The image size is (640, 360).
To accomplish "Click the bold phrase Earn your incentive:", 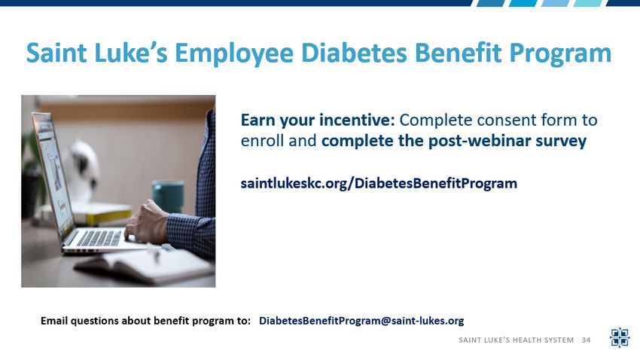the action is (318, 120).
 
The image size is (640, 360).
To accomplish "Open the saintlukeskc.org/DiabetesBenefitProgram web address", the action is (379, 183).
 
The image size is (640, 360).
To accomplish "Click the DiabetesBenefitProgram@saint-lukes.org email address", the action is (361, 321).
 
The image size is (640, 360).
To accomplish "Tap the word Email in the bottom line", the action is (54, 321).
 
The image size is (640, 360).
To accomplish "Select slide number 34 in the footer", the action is (586, 340).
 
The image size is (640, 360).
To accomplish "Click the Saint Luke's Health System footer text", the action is (516, 340).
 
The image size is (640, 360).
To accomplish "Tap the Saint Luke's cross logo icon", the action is (620, 337).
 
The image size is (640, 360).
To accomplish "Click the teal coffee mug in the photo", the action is (168, 197).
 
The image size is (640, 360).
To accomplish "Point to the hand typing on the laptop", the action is (146, 222).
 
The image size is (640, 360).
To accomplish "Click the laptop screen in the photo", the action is (53, 172).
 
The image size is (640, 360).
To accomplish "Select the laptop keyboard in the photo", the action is (100, 238).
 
